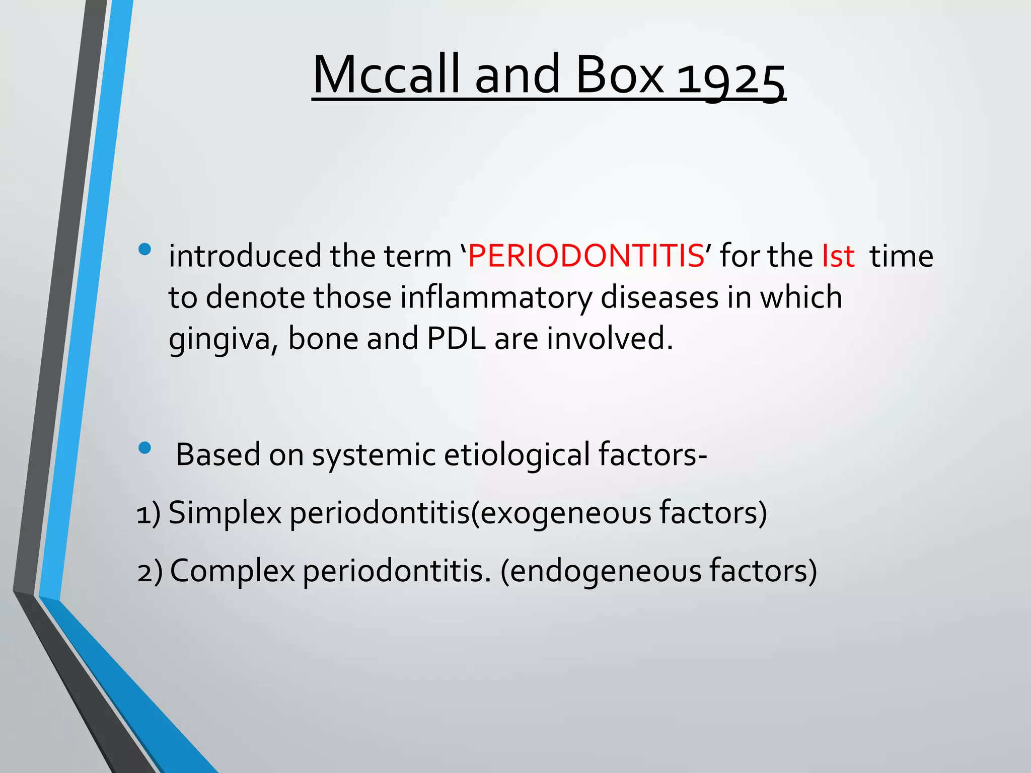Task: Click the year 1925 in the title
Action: tap(730, 78)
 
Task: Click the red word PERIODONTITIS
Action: tap(586, 256)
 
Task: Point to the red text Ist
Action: tap(838, 256)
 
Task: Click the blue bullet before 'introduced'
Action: tap(144, 249)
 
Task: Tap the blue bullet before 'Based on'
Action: tap(144, 447)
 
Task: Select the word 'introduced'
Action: tap(245, 256)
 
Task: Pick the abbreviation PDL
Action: tap(456, 338)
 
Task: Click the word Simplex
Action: tap(225, 513)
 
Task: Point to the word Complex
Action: tap(232, 572)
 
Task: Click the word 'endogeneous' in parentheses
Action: tap(606, 572)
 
